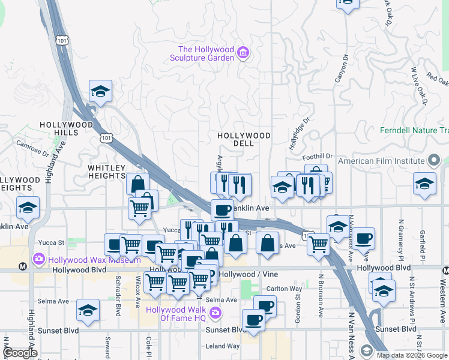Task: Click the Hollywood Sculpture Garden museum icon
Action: tap(243, 53)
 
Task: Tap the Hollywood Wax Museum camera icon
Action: tap(39, 259)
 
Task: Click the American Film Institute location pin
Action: tap(435, 160)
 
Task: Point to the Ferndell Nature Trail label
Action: tap(414, 130)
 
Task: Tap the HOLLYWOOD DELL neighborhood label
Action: tap(244, 140)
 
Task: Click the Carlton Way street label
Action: tap(284, 289)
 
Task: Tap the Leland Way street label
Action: tap(222, 346)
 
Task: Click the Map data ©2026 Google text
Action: tap(411, 355)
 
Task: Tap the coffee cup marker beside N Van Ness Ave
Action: tap(363, 239)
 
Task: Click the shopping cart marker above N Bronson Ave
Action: tap(318, 244)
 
